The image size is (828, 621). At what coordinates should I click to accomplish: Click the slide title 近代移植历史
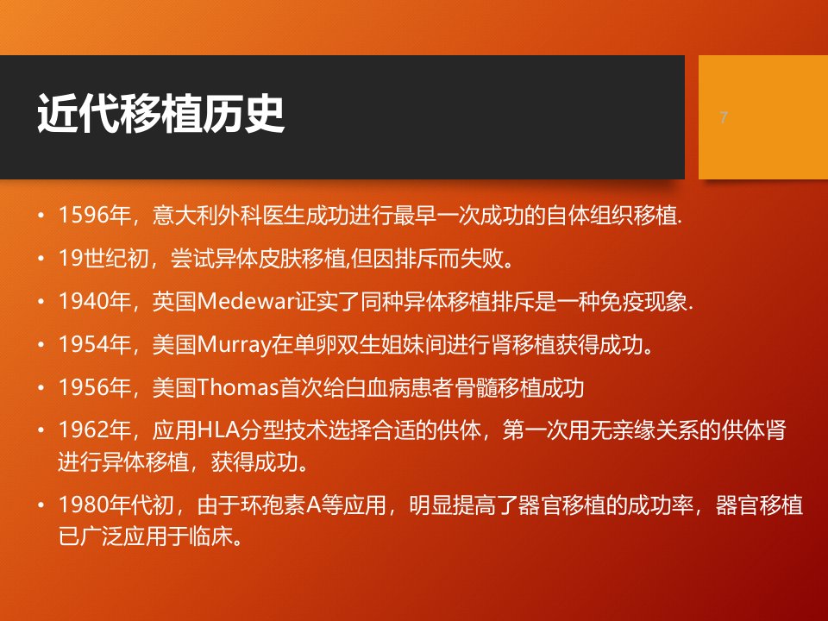pyautogui.click(x=161, y=114)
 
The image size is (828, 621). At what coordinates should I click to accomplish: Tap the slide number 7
pyautogui.click(x=724, y=117)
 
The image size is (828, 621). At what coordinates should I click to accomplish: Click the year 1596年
pyautogui.click(x=95, y=216)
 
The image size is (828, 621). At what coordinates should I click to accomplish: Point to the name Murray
pyautogui.click(x=234, y=345)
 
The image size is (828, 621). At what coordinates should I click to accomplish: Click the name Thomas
pyautogui.click(x=238, y=387)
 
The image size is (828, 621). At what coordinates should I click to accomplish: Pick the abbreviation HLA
pyautogui.click(x=218, y=430)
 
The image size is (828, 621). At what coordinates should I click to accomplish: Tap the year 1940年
pyautogui.click(x=95, y=302)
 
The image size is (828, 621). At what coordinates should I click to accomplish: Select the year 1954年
pyautogui.click(x=95, y=345)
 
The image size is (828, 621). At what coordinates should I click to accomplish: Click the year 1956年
pyautogui.click(x=95, y=387)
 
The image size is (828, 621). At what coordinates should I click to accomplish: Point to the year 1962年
pyautogui.click(x=95, y=430)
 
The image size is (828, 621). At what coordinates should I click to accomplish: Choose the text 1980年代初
pyautogui.click(x=116, y=505)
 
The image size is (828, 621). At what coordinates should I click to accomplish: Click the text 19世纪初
pyautogui.click(x=103, y=259)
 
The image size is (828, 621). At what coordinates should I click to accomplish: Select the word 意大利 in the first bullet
pyautogui.click(x=185, y=216)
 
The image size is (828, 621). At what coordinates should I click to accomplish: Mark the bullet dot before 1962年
pyautogui.click(x=41, y=431)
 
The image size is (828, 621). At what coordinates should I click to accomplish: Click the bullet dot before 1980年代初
pyautogui.click(x=41, y=505)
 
